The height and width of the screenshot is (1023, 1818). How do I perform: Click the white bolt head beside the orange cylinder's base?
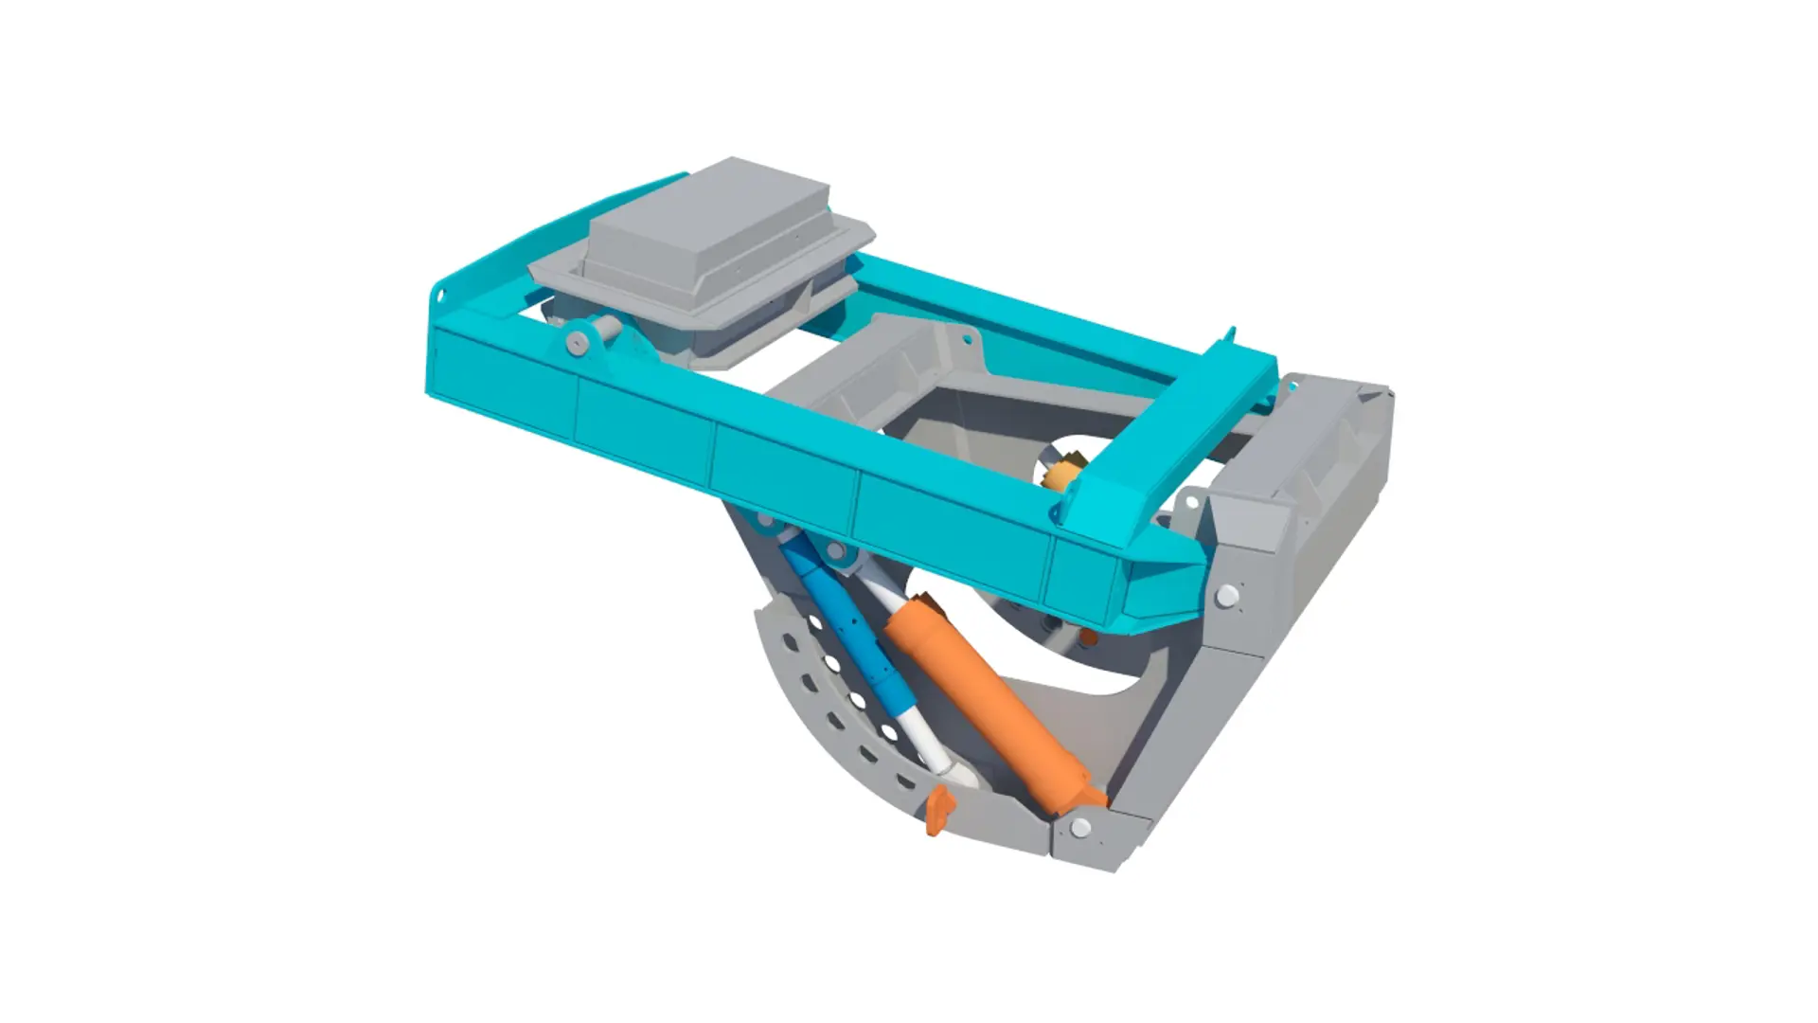1080,829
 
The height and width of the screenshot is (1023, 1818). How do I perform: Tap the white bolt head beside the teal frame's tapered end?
1227,595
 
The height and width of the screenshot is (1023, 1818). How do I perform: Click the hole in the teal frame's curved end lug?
439,296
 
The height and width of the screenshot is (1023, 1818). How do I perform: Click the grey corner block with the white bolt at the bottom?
1089,834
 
